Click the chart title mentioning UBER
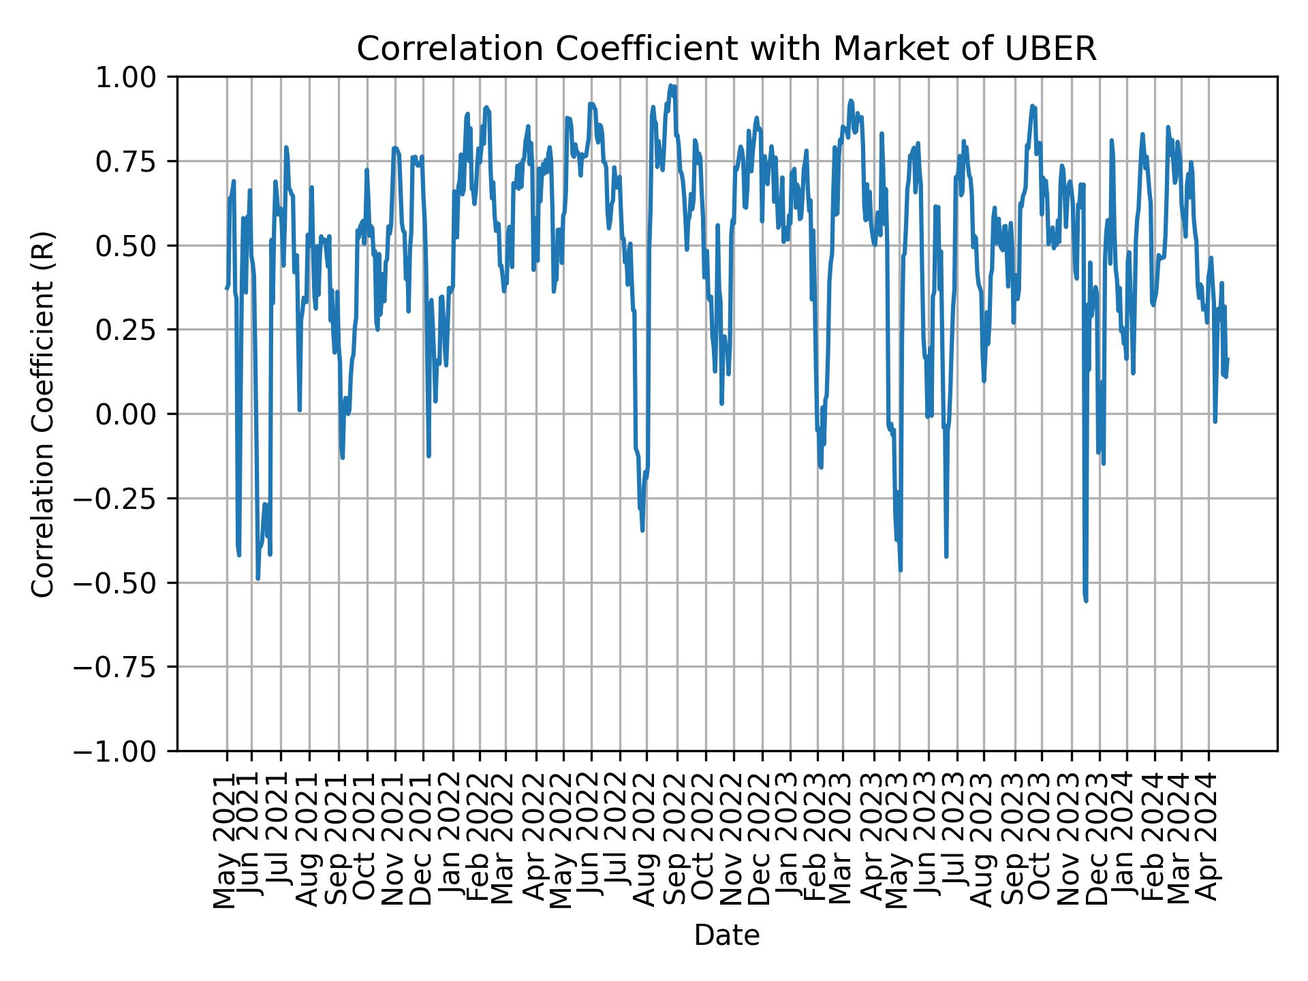(726, 49)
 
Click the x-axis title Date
(726, 935)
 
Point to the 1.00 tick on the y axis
(135, 77)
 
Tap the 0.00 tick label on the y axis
(135, 414)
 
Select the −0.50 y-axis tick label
(126, 582)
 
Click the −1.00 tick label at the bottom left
(126, 751)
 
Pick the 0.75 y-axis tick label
(135, 161)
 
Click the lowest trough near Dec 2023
(1086, 600)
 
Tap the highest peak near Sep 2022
(671, 86)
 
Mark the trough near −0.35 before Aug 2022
(642, 530)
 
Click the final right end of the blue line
(1228, 359)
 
